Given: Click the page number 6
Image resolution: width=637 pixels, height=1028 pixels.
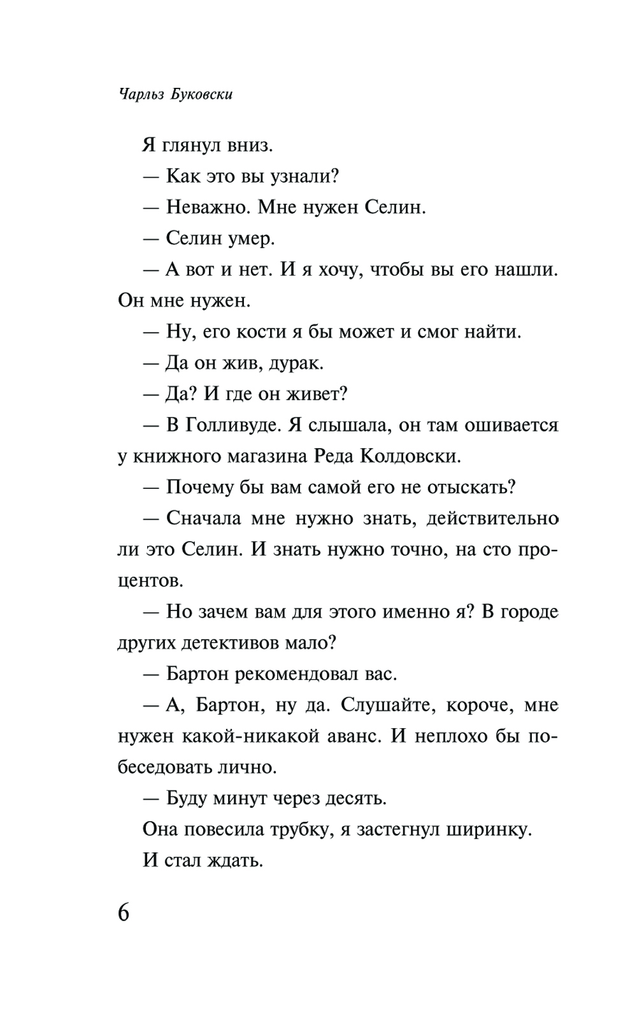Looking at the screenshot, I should coord(124,912).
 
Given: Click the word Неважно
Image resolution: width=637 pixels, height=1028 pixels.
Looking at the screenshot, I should coord(208,208).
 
